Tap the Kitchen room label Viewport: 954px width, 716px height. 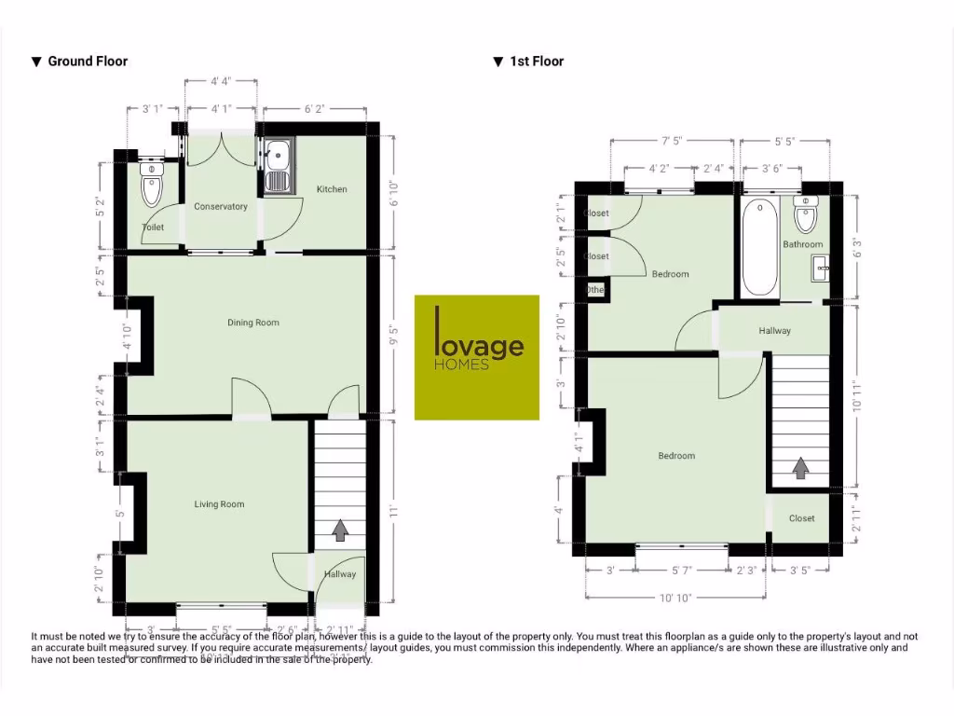coord(332,189)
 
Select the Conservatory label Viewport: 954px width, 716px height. coord(221,207)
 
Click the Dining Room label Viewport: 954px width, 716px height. coord(253,323)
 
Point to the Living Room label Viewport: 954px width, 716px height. coord(219,504)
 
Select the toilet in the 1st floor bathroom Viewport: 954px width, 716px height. coord(806,215)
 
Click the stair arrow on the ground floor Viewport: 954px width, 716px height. coord(340,530)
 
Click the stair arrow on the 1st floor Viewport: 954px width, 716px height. coord(799,466)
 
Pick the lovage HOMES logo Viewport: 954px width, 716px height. coord(477,357)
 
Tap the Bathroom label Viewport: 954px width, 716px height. coord(803,244)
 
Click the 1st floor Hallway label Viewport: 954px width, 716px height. coord(774,331)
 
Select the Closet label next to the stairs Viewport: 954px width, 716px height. coord(801,518)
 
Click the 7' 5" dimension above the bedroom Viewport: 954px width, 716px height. coord(672,141)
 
